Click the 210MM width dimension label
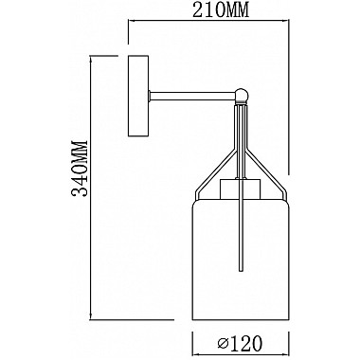(x=221, y=9)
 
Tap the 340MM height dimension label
(x=80, y=169)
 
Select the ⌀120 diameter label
(x=240, y=342)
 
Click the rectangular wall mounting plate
(x=138, y=96)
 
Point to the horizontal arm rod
(x=192, y=96)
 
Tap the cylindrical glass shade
(x=241, y=260)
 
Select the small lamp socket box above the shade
(x=241, y=189)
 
